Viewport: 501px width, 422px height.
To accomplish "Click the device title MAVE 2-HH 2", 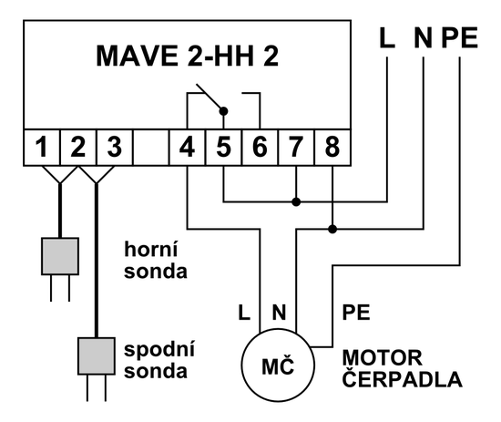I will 188,57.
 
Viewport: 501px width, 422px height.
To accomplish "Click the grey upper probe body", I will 59,257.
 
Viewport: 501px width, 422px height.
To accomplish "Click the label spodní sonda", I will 158,361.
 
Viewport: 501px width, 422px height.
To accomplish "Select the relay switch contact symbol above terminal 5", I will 210,99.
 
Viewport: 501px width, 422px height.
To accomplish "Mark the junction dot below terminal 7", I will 296,201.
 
